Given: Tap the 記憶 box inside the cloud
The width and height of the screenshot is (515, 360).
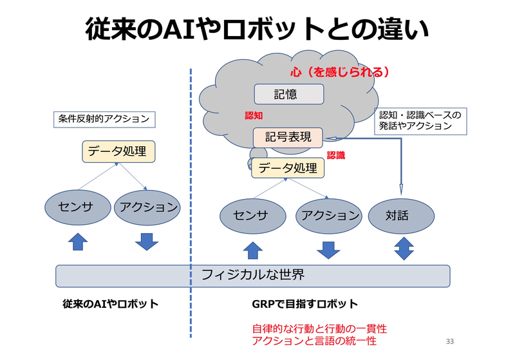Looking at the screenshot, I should coord(288,95).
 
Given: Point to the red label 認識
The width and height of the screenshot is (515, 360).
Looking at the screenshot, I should coord(336,155).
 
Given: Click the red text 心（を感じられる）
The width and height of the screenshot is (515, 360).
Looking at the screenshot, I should coord(340,71).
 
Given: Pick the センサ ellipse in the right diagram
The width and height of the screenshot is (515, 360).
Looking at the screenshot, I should coord(252,215).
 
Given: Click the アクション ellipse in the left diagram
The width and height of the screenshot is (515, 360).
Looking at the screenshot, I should coord(146,207).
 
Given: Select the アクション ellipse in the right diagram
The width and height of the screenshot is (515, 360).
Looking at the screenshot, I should coord(328,215).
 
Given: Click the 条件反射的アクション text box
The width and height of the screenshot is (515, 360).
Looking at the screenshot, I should coord(104,118).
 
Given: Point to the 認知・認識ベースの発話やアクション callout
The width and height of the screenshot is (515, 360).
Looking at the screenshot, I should coord(420,121).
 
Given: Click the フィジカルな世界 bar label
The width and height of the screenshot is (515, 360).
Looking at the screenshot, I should coord(252,275).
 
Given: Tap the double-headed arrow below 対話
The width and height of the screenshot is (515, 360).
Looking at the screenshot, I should coord(404,248).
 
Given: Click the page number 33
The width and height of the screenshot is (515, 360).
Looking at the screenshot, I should coord(449,340).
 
